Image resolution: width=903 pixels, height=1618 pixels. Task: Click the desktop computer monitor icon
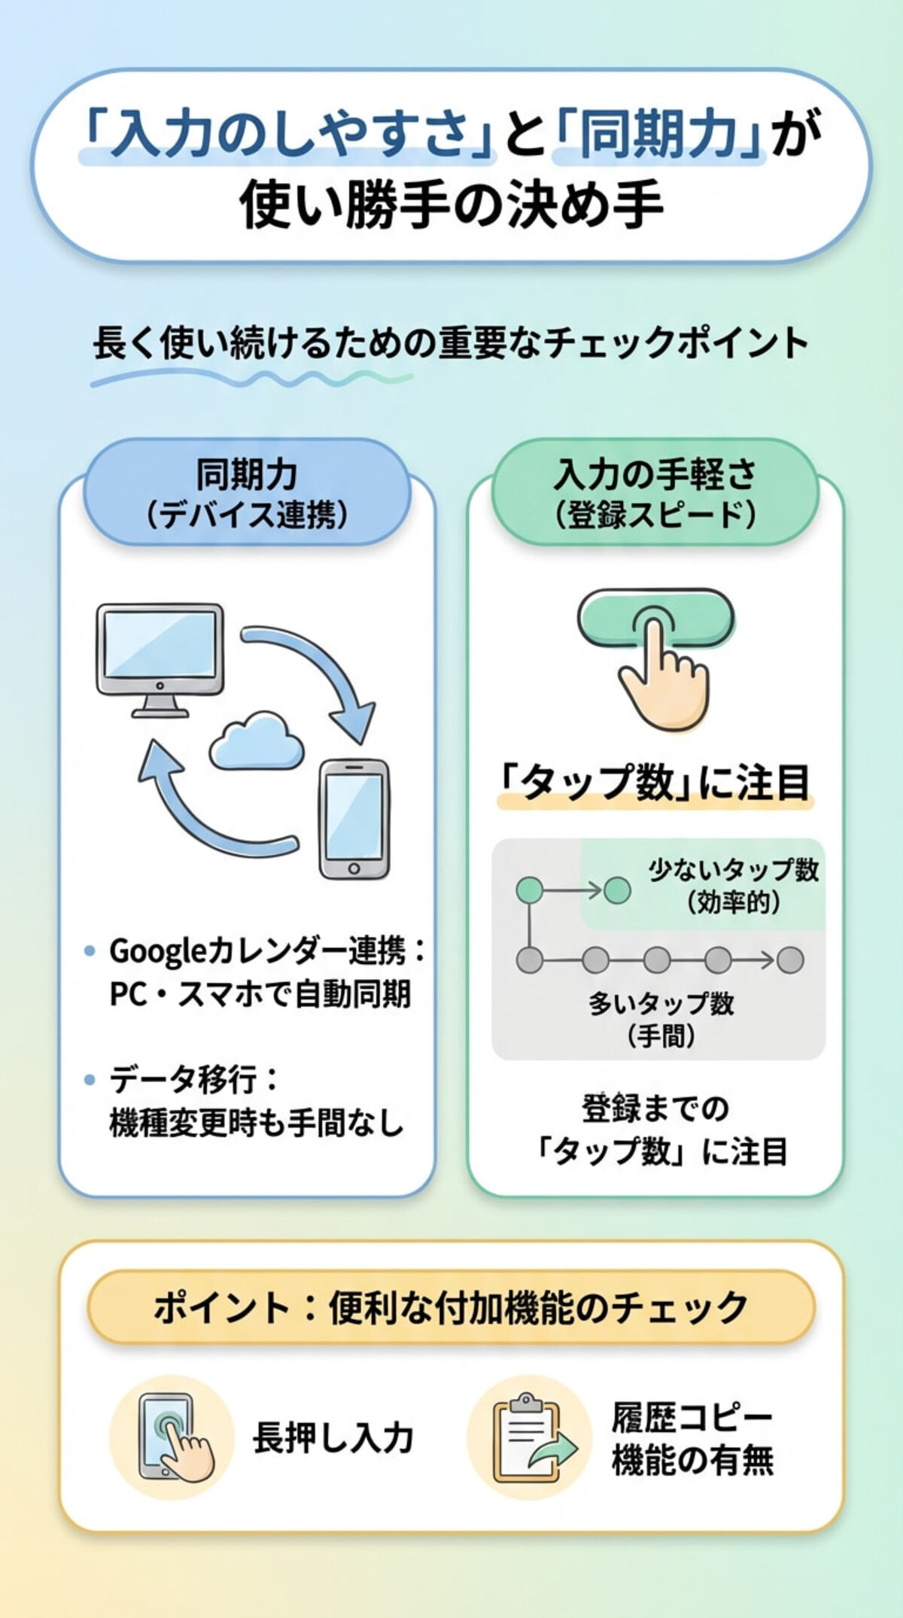(x=160, y=653)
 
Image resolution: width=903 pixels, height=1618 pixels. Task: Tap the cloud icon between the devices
(x=256, y=741)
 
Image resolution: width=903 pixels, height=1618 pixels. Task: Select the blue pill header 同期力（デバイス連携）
(x=246, y=494)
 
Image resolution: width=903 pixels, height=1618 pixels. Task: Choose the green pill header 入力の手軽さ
(x=654, y=494)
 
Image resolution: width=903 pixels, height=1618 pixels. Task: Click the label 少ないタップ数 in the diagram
(x=734, y=871)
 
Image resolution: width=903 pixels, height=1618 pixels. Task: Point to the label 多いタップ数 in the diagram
(x=661, y=1003)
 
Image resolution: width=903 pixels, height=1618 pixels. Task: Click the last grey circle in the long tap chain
(x=790, y=960)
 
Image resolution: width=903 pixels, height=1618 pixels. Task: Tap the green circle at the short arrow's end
(x=618, y=891)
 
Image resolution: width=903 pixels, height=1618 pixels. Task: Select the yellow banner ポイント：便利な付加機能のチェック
(x=451, y=1307)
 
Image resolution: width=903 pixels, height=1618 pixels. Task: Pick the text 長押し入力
(x=333, y=1438)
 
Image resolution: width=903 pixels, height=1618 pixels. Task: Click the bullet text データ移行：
(x=193, y=1081)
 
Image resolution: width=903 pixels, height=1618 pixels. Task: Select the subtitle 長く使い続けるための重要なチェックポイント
(x=450, y=344)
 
